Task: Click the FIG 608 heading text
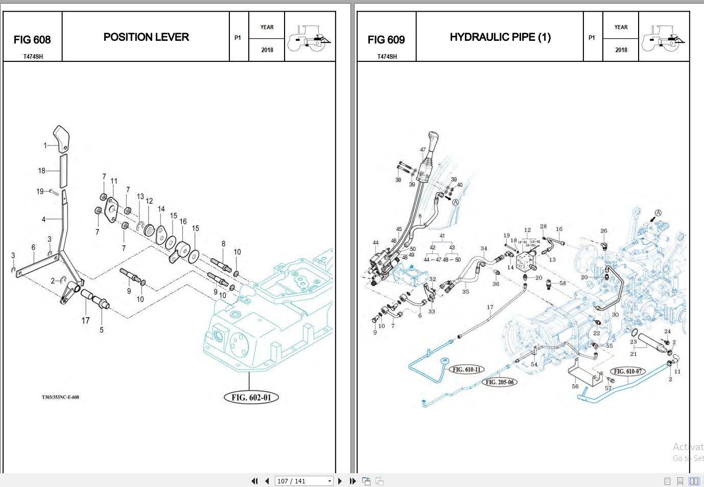[32, 40]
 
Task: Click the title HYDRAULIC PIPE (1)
[500, 37]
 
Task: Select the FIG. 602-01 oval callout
[251, 398]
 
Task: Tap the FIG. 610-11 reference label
[466, 369]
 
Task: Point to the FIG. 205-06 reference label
[499, 382]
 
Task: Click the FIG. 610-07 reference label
[628, 372]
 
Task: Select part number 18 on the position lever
[41, 171]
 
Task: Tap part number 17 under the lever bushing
[85, 320]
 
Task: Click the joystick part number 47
[423, 150]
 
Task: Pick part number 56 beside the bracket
[575, 386]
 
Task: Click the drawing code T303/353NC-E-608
[60, 397]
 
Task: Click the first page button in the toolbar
[254, 481]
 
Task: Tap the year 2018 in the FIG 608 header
[267, 50]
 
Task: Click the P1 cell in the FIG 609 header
[592, 37]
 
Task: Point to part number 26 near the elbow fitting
[603, 231]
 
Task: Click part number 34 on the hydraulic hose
[483, 249]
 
